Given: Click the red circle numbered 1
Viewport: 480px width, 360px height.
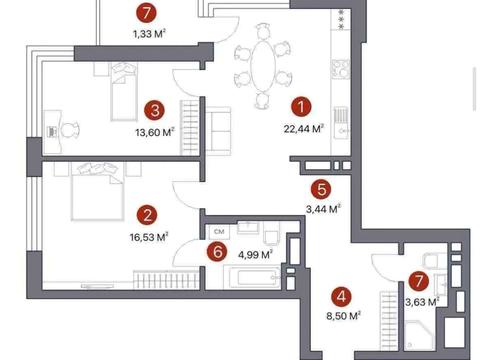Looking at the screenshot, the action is click(301, 107).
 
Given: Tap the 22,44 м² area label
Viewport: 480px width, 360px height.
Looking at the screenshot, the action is click(304, 128).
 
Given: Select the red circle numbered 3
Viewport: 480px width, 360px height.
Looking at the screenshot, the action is click(154, 110).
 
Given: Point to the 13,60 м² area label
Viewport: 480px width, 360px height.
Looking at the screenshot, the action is click(155, 132).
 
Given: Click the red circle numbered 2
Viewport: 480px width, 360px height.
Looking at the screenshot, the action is click(147, 216).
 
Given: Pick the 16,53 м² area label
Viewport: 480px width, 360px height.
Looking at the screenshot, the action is click(149, 237).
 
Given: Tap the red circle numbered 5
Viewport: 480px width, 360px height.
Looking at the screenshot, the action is click(321, 189).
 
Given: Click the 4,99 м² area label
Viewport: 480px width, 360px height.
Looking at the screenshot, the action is click(256, 255).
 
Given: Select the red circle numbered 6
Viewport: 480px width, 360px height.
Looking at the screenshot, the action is click(217, 252).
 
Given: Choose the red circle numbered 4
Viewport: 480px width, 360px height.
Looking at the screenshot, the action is click(342, 296).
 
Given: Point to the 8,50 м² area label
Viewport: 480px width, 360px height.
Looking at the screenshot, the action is click(344, 315).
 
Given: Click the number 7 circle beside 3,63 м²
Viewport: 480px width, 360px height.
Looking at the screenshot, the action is click(419, 281).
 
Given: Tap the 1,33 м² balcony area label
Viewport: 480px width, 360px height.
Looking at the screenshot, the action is click(150, 33).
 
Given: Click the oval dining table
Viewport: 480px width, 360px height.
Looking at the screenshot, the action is click(263, 65).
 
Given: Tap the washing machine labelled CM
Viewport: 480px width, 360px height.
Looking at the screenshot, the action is click(219, 232).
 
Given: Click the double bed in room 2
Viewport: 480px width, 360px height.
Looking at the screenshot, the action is click(98, 192).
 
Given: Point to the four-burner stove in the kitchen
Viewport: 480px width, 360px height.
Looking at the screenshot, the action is click(340, 69).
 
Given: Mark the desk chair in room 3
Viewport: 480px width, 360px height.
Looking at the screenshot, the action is click(71, 130).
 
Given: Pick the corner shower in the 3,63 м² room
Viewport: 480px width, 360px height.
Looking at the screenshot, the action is click(419, 335).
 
